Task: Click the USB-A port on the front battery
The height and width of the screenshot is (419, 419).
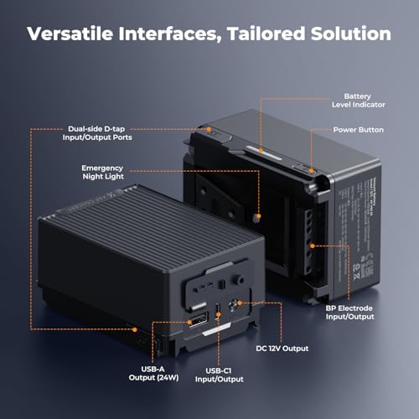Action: point(198,319)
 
